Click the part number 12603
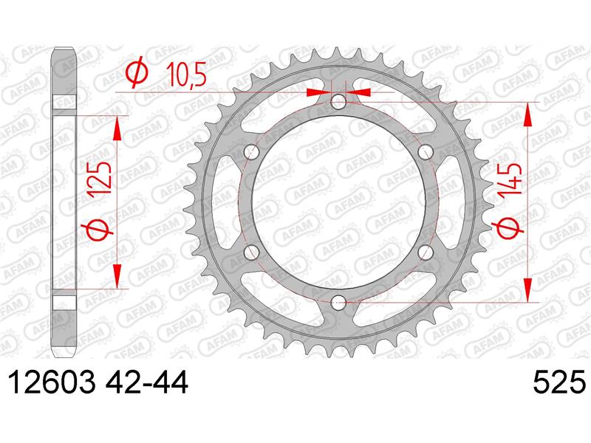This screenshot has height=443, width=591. [51, 382]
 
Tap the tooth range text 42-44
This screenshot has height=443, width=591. [146, 382]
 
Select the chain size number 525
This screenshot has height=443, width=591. [560, 382]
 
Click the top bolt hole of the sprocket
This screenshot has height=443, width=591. [338, 101]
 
